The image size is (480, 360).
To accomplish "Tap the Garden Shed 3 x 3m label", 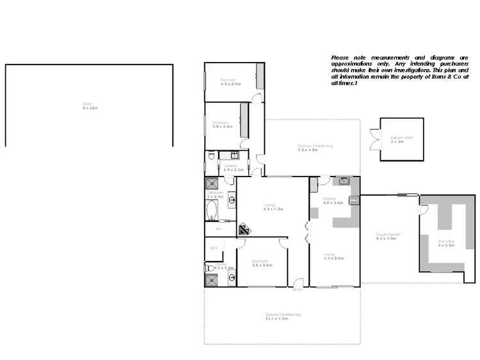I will tap(401, 139).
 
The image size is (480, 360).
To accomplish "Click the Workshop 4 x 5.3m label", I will tap(445, 242).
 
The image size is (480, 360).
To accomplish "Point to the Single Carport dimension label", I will tap(388, 237).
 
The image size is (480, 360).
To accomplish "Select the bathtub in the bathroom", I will tap(212, 210).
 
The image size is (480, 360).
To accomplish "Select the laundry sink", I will tap(234, 155).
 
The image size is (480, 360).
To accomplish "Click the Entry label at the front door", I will tap(297, 290).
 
